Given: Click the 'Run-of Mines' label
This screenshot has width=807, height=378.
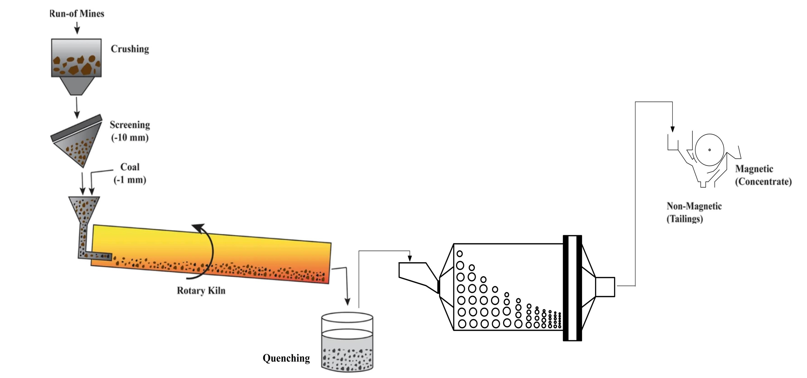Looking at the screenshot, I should point(77,13).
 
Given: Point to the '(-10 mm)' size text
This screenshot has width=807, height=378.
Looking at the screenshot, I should point(130,137).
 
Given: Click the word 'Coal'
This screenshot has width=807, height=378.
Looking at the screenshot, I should point(130,167).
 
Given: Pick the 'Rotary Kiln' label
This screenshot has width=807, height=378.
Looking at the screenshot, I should point(201,291).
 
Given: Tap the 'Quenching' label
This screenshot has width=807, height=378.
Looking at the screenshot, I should point(286,358).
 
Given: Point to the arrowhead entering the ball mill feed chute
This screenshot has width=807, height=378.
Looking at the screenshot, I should point(410,259).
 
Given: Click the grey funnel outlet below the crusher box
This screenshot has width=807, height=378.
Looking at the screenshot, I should point(77,85).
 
